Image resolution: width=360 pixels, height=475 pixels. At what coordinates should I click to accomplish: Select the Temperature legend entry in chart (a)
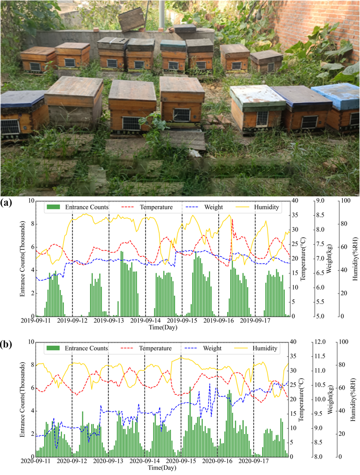point(156,207)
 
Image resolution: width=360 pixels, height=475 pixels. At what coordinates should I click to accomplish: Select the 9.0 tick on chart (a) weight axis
point(321,201)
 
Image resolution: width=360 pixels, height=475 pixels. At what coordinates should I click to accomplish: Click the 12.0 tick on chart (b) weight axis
point(321,342)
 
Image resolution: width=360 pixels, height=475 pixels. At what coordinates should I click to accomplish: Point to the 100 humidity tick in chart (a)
point(343,201)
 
